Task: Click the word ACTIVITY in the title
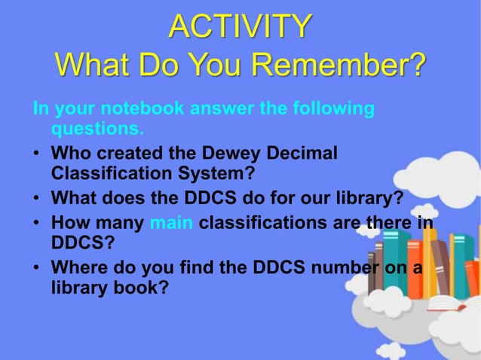[x=240, y=26]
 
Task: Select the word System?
[x=219, y=174]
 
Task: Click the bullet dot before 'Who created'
[x=36, y=154]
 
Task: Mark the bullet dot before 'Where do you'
[x=36, y=267]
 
